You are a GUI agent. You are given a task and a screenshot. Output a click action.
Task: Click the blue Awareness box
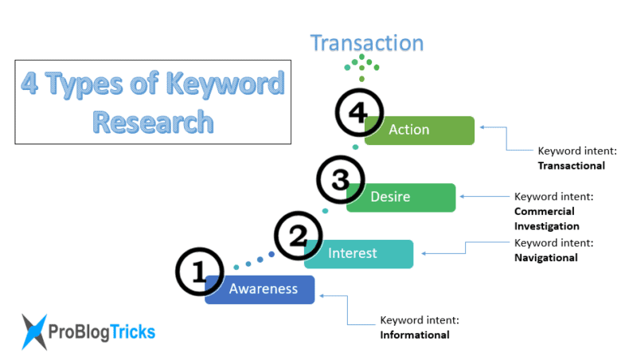coord(263,289)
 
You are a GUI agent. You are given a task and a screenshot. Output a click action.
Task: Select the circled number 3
coord(340,180)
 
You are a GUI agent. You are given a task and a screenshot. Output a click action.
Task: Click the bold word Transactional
coord(572,166)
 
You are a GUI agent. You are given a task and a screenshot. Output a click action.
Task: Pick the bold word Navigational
coord(546,257)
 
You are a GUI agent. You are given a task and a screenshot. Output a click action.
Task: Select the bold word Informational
coord(414,335)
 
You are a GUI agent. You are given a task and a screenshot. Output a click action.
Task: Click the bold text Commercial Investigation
coord(546,219)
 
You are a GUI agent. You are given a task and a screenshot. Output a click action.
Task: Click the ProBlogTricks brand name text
coord(102,331)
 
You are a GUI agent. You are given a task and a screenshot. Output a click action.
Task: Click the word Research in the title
coord(152,121)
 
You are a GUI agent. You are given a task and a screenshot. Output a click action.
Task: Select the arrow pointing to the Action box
coord(494,128)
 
